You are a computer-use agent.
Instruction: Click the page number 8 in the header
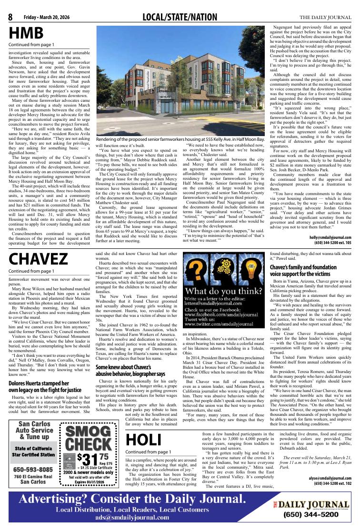coord(10,18)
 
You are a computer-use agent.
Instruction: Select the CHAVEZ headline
coord(38,259)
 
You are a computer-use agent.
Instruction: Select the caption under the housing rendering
coord(180,138)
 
